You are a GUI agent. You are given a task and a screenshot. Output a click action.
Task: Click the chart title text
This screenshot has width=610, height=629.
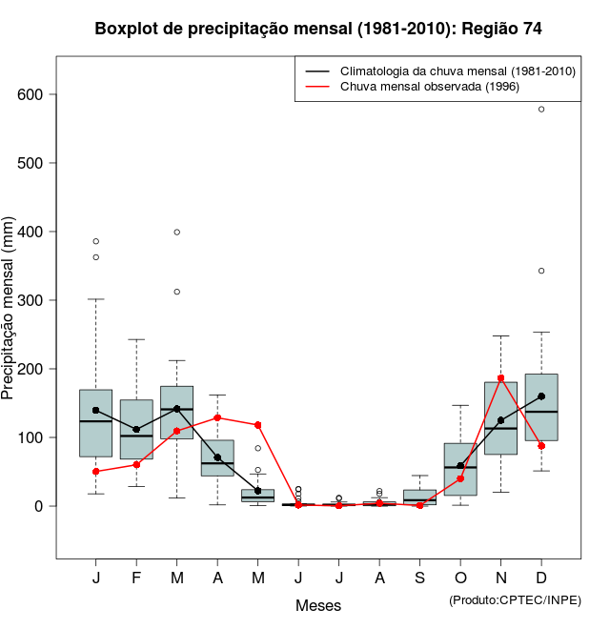coord(318,30)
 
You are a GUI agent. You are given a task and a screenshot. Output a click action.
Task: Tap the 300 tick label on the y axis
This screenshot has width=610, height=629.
coord(32,300)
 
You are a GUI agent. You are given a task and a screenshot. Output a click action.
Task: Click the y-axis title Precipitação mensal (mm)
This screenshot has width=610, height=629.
coord(10,319)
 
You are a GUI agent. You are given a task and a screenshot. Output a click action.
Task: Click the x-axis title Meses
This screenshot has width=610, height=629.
coord(318,605)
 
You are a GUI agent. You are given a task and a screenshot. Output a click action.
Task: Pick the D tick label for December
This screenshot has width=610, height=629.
coord(541,578)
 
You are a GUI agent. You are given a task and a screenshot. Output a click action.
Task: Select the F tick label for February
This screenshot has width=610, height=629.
coord(136,578)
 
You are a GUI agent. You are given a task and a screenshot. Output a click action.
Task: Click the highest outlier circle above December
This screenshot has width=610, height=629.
coord(541,110)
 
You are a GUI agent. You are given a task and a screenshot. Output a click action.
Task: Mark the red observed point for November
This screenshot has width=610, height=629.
coord(500,378)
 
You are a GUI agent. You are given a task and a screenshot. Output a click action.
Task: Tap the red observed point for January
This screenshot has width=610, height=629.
coord(96,472)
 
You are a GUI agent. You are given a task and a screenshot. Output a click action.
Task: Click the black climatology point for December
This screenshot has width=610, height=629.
coord(541,396)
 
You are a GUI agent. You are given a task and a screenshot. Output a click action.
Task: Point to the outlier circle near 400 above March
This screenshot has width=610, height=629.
coord(177,232)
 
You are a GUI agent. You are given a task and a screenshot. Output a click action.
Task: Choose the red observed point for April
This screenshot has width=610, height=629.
coord(217,417)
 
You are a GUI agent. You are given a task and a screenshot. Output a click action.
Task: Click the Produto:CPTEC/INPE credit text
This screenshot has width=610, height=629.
coord(515,599)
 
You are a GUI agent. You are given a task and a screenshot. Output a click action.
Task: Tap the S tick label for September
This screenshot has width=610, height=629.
coord(419,578)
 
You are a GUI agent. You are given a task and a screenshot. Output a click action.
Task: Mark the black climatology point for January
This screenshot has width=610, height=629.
coord(96,411)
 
